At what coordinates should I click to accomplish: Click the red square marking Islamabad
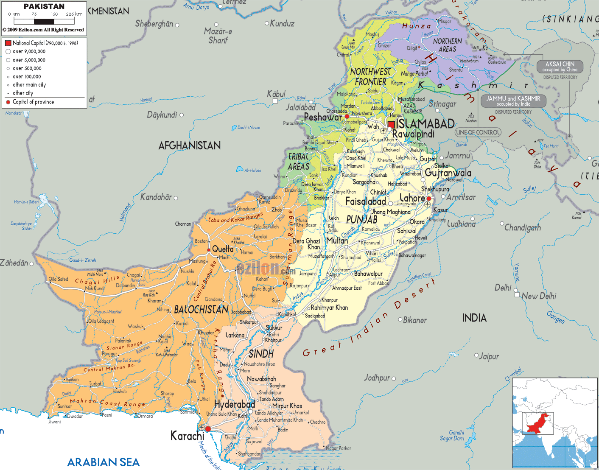[x=391, y=124]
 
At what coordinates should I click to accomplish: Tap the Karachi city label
[x=187, y=436]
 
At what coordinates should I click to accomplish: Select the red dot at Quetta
[x=209, y=250]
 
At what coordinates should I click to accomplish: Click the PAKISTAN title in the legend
[x=44, y=6]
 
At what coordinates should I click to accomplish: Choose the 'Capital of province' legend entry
[x=33, y=102]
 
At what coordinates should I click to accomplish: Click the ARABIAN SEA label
[x=104, y=462]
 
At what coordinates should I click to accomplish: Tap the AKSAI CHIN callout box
[x=560, y=67]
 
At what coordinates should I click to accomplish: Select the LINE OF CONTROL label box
[x=478, y=132]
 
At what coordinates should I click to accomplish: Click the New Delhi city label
[x=539, y=296]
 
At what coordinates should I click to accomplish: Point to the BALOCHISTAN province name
[x=201, y=310]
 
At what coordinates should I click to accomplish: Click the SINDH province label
[x=261, y=354]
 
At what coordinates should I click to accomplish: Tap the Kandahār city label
[x=156, y=197]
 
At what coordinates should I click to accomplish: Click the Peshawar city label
[x=323, y=117]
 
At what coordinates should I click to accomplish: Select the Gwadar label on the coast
[x=75, y=416]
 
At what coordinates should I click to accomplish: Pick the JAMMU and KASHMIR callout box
[x=513, y=101]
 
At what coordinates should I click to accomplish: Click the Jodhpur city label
[x=377, y=378]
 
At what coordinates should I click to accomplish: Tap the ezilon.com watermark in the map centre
[x=265, y=269]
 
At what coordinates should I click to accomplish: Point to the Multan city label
[x=337, y=241]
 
